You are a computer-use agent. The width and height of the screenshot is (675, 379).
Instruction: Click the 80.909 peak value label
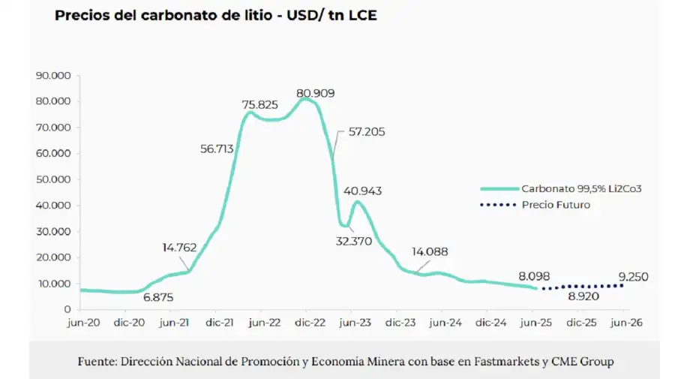point(315,94)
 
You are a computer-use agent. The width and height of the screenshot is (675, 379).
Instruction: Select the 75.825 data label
point(260,104)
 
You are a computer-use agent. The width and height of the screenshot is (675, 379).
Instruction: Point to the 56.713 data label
point(217,149)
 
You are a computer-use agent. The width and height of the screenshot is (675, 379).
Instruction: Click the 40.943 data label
point(363,191)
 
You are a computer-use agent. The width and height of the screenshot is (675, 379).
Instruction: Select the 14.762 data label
point(180,247)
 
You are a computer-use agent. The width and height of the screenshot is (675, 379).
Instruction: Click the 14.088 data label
point(428,251)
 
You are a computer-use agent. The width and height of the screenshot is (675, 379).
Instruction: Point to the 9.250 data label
point(633,277)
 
